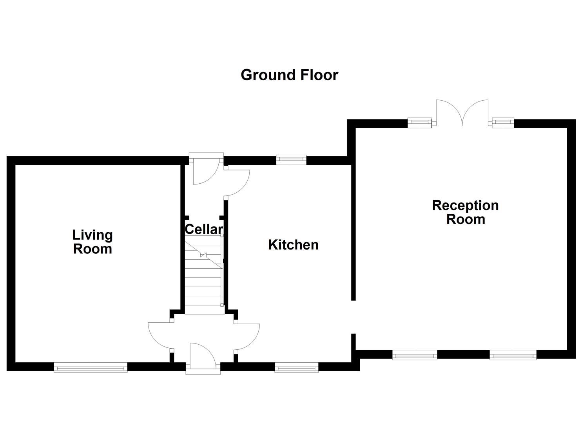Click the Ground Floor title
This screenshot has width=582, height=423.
(x=290, y=75)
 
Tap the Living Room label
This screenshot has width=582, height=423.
(x=92, y=242)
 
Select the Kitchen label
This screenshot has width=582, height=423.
(x=293, y=245)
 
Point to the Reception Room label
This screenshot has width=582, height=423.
(x=465, y=212)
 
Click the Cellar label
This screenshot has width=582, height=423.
(x=204, y=229)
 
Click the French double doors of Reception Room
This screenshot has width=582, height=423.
(x=462, y=113)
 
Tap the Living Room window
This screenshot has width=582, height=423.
(x=91, y=367)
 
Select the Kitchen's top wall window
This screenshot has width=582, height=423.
(x=291, y=160)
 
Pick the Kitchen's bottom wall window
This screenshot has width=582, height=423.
(x=296, y=367)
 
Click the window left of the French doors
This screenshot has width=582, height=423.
(x=420, y=123)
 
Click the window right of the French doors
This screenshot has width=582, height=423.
(x=503, y=123)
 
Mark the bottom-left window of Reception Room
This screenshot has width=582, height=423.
(x=415, y=355)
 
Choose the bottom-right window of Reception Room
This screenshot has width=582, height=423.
(x=513, y=355)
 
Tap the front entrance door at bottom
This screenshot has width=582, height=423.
(x=203, y=359)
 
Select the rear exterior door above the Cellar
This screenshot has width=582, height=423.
(x=206, y=168)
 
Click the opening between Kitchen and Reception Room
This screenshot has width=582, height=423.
(x=354, y=317)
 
